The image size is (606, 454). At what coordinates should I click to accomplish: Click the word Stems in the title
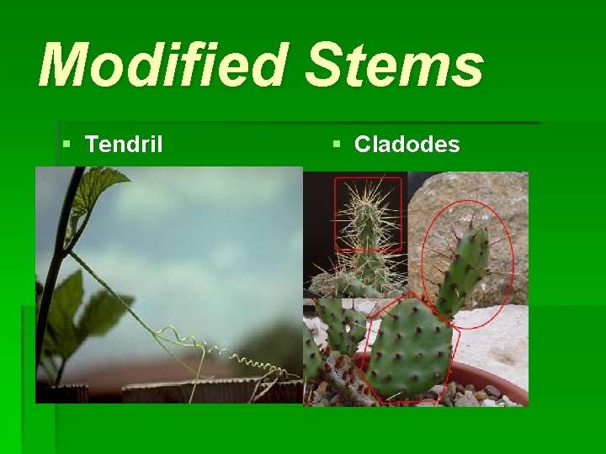point(395,66)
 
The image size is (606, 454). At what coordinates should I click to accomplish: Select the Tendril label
point(124,145)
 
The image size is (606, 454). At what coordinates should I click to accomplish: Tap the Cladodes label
point(407,145)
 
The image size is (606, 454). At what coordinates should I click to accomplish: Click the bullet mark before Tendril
point(67,145)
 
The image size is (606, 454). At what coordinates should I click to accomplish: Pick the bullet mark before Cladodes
point(337,145)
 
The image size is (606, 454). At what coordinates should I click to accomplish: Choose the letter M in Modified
point(63,66)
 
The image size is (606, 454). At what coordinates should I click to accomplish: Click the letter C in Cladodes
point(362,145)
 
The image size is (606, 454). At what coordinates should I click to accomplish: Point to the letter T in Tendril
point(92,145)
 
